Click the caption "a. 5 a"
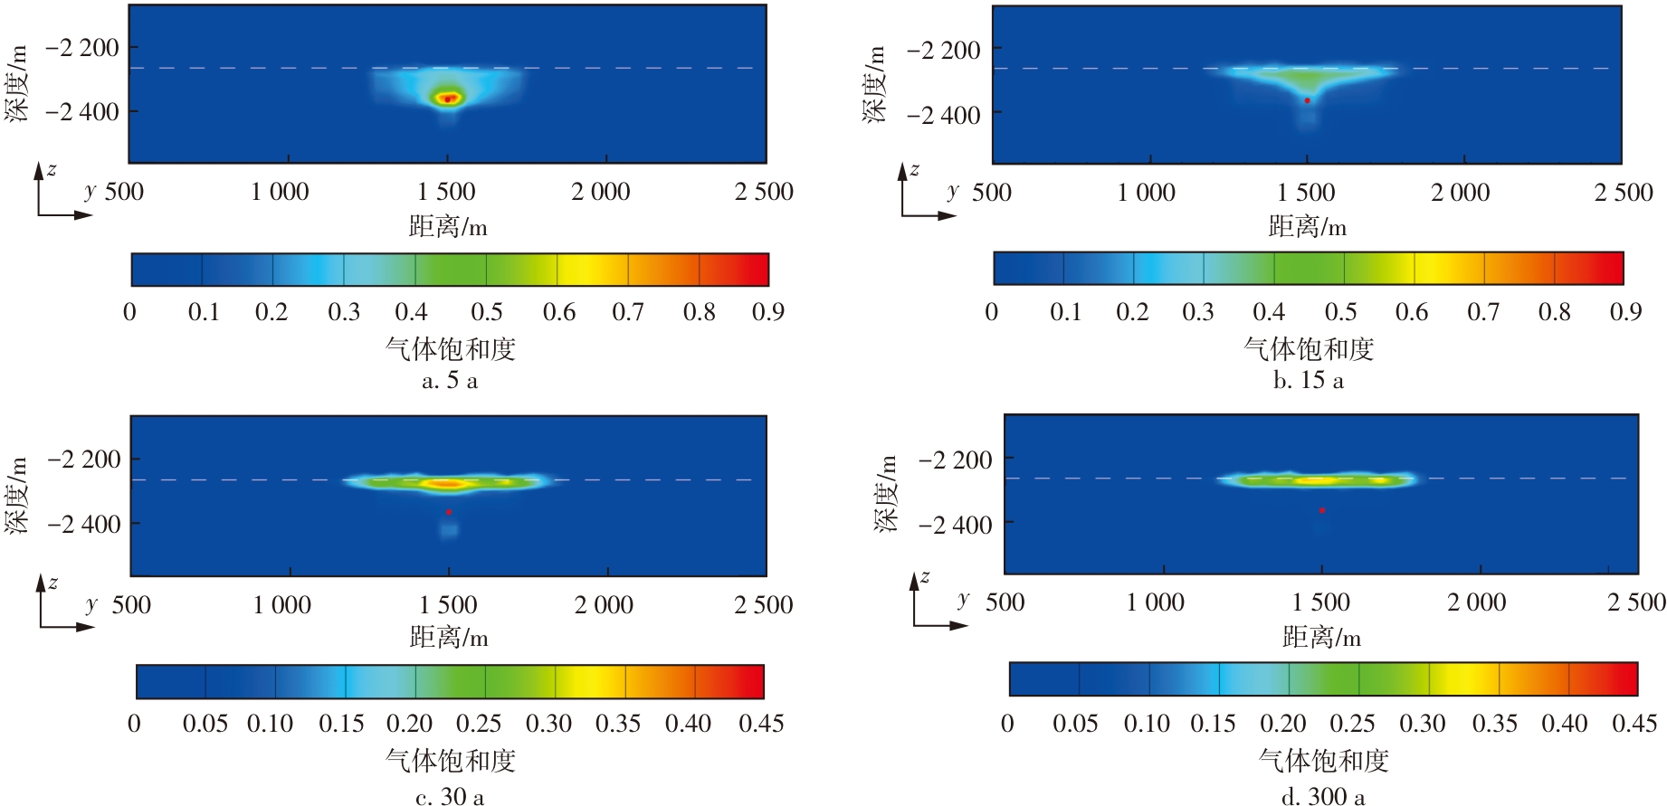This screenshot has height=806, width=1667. (x=450, y=381)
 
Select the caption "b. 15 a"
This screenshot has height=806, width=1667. (x=1308, y=381)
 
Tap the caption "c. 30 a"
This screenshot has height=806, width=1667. (x=450, y=797)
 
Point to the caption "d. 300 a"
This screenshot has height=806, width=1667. (x=1323, y=797)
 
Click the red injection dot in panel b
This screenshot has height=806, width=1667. (x=1307, y=100)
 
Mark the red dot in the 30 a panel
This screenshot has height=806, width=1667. (x=449, y=513)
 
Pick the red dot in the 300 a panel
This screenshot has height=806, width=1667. (x=1322, y=511)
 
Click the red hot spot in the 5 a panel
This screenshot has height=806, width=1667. (x=447, y=99)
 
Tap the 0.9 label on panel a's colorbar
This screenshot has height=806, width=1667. (x=767, y=312)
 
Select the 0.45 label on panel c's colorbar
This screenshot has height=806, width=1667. (x=761, y=724)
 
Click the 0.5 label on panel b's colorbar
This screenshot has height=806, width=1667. (x=1340, y=312)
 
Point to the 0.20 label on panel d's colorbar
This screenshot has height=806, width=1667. (x=1281, y=724)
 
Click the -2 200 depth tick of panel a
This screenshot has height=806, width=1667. (x=81, y=48)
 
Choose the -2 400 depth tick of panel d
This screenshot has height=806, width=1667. (x=955, y=525)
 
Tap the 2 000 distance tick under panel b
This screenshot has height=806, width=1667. (x=1460, y=193)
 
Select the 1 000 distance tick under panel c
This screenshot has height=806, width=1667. (x=281, y=605)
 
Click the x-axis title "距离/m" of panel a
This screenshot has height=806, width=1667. (x=448, y=226)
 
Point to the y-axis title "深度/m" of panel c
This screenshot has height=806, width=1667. (x=16, y=495)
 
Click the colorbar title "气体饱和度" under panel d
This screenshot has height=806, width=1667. (x=1323, y=761)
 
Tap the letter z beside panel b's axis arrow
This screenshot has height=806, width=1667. (x=915, y=169)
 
